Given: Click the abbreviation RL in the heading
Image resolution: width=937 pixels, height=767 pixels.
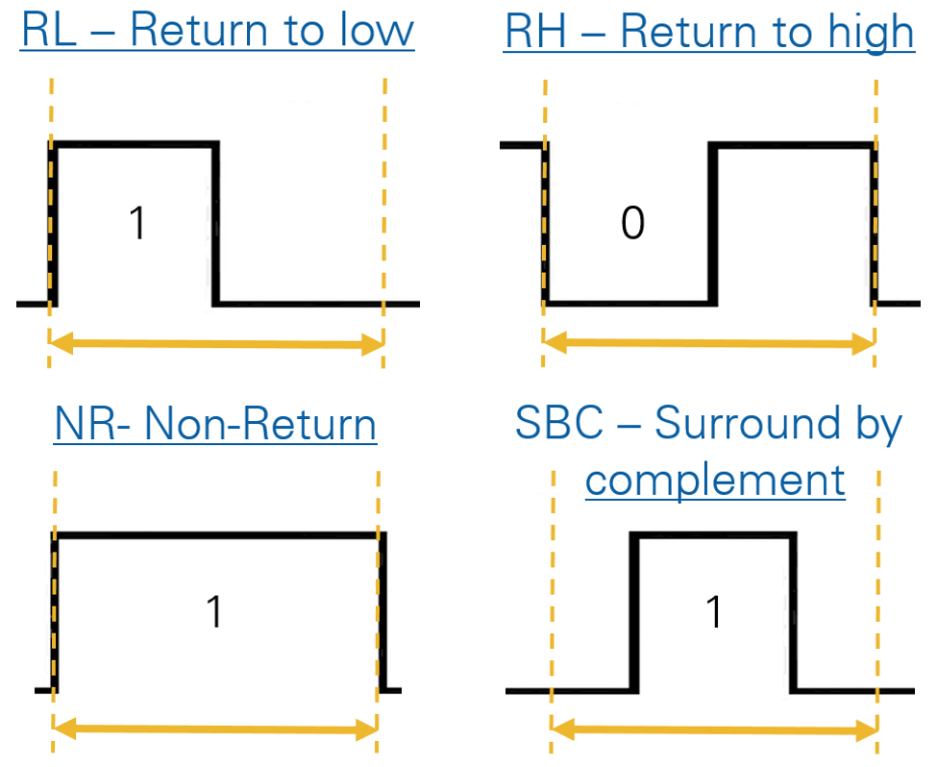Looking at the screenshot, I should click(47, 31).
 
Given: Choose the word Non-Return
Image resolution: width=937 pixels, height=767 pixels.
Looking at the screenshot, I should click(259, 424).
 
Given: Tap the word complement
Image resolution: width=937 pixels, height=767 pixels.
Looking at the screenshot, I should click(715, 479).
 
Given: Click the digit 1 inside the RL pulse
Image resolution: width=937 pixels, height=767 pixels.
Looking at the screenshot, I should click(137, 223).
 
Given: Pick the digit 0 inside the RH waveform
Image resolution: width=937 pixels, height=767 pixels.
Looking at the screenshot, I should click(631, 223).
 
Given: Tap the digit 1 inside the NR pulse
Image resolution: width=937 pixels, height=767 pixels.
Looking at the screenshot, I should click(215, 612).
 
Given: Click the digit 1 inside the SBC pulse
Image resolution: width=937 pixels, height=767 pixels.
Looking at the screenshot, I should click(713, 612).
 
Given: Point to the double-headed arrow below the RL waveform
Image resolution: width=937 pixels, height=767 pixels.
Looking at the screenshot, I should click(216, 344).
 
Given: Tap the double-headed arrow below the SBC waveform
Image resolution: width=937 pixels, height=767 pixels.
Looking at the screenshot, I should click(714, 730).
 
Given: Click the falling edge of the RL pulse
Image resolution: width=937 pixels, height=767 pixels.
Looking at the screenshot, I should click(215, 223).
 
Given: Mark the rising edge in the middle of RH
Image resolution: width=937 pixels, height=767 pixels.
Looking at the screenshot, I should click(713, 223).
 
